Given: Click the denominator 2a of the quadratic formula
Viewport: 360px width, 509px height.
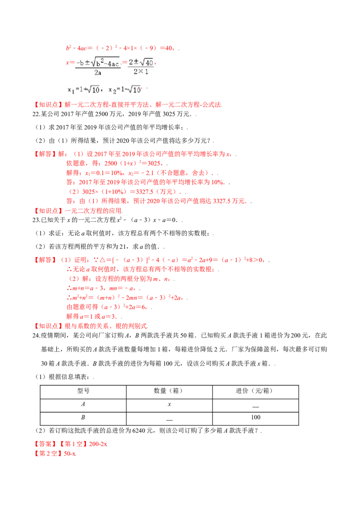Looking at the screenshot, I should (98, 72).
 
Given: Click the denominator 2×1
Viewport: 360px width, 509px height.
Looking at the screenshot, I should (140, 71).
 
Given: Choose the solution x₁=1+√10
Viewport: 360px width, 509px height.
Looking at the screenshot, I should (84, 90).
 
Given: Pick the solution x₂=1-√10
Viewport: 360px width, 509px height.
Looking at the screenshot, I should (124, 90).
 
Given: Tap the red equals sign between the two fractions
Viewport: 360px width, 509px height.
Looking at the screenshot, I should (124, 63).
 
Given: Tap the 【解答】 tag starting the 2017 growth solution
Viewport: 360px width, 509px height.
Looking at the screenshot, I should (43, 154).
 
